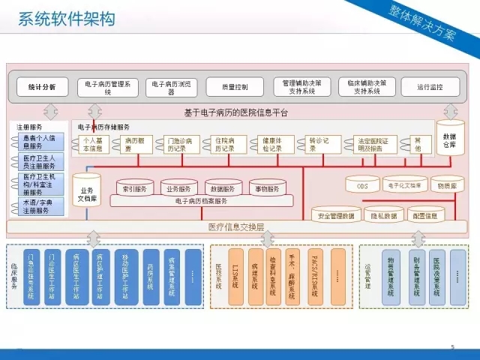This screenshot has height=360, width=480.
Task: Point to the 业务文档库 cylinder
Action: pos(87,194)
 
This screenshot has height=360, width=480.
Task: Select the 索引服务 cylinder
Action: pos(135,188)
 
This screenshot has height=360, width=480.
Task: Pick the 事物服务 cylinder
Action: pos(268,188)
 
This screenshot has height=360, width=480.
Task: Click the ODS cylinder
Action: pos(363,184)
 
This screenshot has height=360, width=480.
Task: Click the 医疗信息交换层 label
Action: pos(235,226)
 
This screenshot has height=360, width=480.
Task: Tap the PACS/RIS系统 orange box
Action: pos(314,276)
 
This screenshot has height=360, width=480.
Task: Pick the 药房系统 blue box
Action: pos(150,276)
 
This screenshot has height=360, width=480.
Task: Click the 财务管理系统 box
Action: pos(413,276)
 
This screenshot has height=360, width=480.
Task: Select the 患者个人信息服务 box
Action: pos(42,142)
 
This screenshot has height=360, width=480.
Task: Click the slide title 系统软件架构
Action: pos(66,19)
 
